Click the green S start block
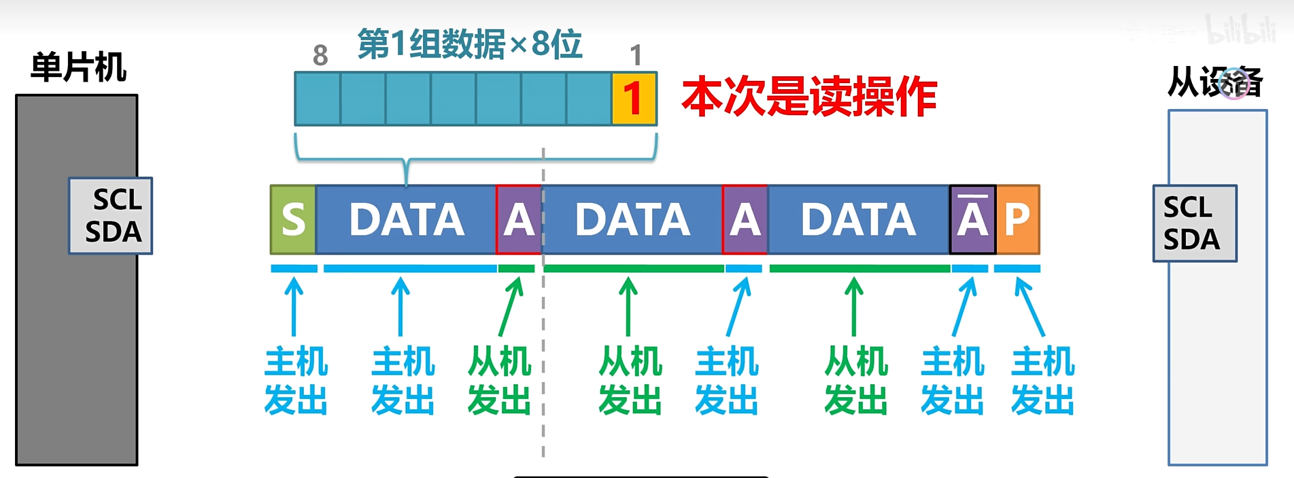point(293,219)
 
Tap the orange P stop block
point(1018,219)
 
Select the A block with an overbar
point(972,219)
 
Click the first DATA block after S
point(406,219)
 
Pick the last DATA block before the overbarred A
point(858,219)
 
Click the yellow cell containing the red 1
point(634,99)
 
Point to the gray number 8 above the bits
point(320,56)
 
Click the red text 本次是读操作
point(809,97)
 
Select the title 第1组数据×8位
point(470,44)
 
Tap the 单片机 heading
point(78,67)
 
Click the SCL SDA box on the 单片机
point(111,216)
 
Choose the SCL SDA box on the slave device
point(1195,223)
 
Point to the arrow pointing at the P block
point(1029,307)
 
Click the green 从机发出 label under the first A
point(500,381)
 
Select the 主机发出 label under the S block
point(296,381)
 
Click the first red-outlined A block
point(519,219)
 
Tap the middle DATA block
point(632,219)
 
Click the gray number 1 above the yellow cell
point(636,56)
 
